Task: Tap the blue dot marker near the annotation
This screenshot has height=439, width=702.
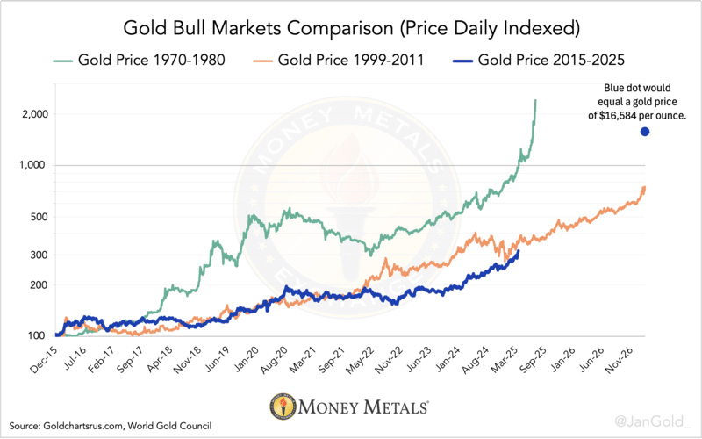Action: coord(645,132)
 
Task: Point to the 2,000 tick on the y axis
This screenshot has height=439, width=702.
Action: coord(34,114)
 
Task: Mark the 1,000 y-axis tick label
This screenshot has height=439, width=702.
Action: coord(34,165)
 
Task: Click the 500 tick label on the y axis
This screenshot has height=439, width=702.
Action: coord(39,217)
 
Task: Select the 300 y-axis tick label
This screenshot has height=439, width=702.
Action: coord(39,255)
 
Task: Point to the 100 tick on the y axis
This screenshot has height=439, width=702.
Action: coord(39,336)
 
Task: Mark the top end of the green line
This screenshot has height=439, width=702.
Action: coord(535,101)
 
